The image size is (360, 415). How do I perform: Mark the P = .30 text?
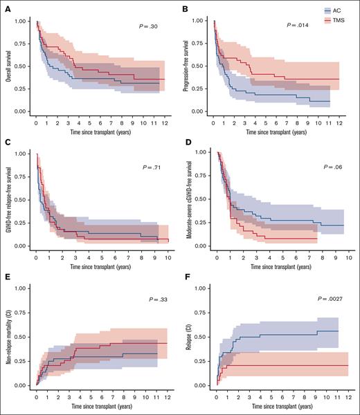coord(147,26)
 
